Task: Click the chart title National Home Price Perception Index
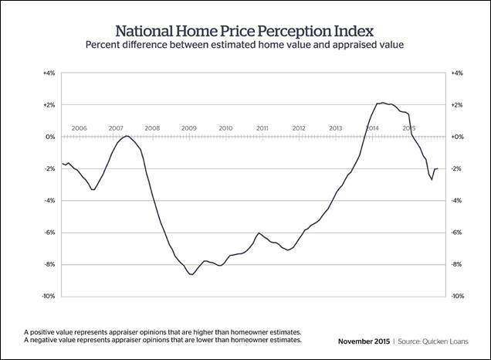245,31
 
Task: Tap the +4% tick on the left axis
48,73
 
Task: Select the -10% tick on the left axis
47,297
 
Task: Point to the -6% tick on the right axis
456,233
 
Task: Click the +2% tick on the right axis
456,105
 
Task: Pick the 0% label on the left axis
50,137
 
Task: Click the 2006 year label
79,128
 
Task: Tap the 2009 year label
189,128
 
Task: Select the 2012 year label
299,128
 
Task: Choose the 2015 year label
409,128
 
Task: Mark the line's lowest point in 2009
191,274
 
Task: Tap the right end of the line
438,168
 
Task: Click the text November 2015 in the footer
367,341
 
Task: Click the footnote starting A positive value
162,331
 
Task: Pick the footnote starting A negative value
162,340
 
